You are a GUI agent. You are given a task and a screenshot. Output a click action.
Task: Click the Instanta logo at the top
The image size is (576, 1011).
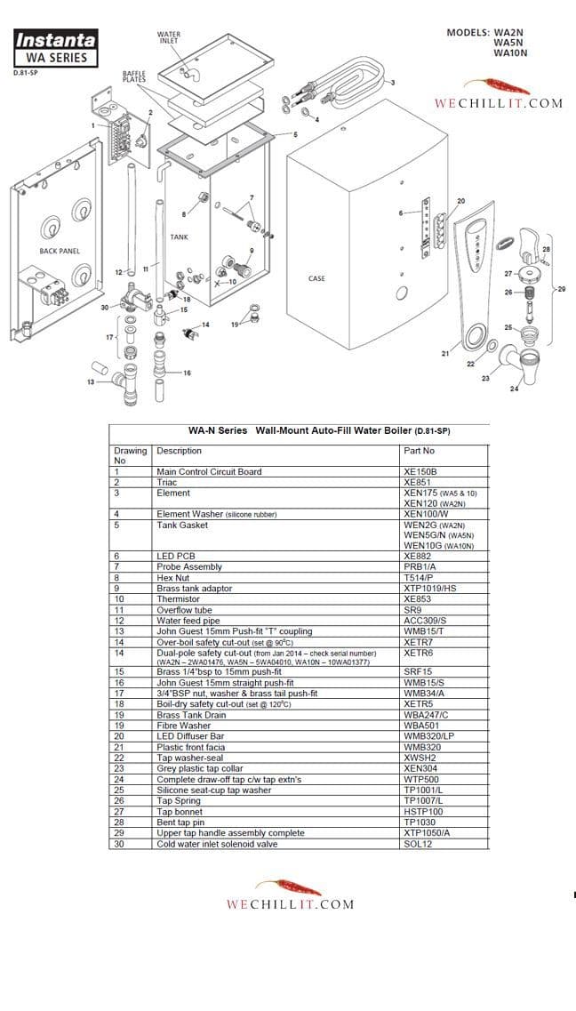55,41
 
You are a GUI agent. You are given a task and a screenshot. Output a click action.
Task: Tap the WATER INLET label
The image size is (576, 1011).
168,36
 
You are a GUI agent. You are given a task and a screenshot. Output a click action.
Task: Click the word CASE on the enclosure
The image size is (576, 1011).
316,278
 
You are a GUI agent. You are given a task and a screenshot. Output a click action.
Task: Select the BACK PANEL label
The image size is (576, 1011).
60,251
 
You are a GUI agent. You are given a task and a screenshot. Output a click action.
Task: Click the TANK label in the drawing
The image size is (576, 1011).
179,237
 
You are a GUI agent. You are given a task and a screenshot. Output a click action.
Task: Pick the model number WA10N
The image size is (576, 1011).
510,53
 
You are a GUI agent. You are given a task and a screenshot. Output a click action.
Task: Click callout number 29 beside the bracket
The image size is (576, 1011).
561,289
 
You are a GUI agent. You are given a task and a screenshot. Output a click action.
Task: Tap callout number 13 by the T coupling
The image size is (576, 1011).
91,381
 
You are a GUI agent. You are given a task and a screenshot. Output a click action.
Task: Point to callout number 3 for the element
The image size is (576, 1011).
392,82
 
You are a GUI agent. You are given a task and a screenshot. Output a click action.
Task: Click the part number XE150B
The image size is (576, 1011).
420,471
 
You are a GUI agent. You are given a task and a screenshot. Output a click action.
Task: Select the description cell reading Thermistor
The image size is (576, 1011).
179,599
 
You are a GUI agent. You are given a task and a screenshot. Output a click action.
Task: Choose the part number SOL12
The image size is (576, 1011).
417,844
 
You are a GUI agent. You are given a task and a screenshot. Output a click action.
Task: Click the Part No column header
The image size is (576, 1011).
419,451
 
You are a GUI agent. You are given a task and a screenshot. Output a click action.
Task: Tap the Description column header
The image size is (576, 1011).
179,451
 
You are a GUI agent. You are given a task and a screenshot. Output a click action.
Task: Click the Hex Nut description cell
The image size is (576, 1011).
174,578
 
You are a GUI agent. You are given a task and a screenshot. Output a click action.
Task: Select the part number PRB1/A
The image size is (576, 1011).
420,567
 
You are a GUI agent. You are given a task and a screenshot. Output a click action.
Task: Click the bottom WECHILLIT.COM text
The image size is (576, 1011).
290,904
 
